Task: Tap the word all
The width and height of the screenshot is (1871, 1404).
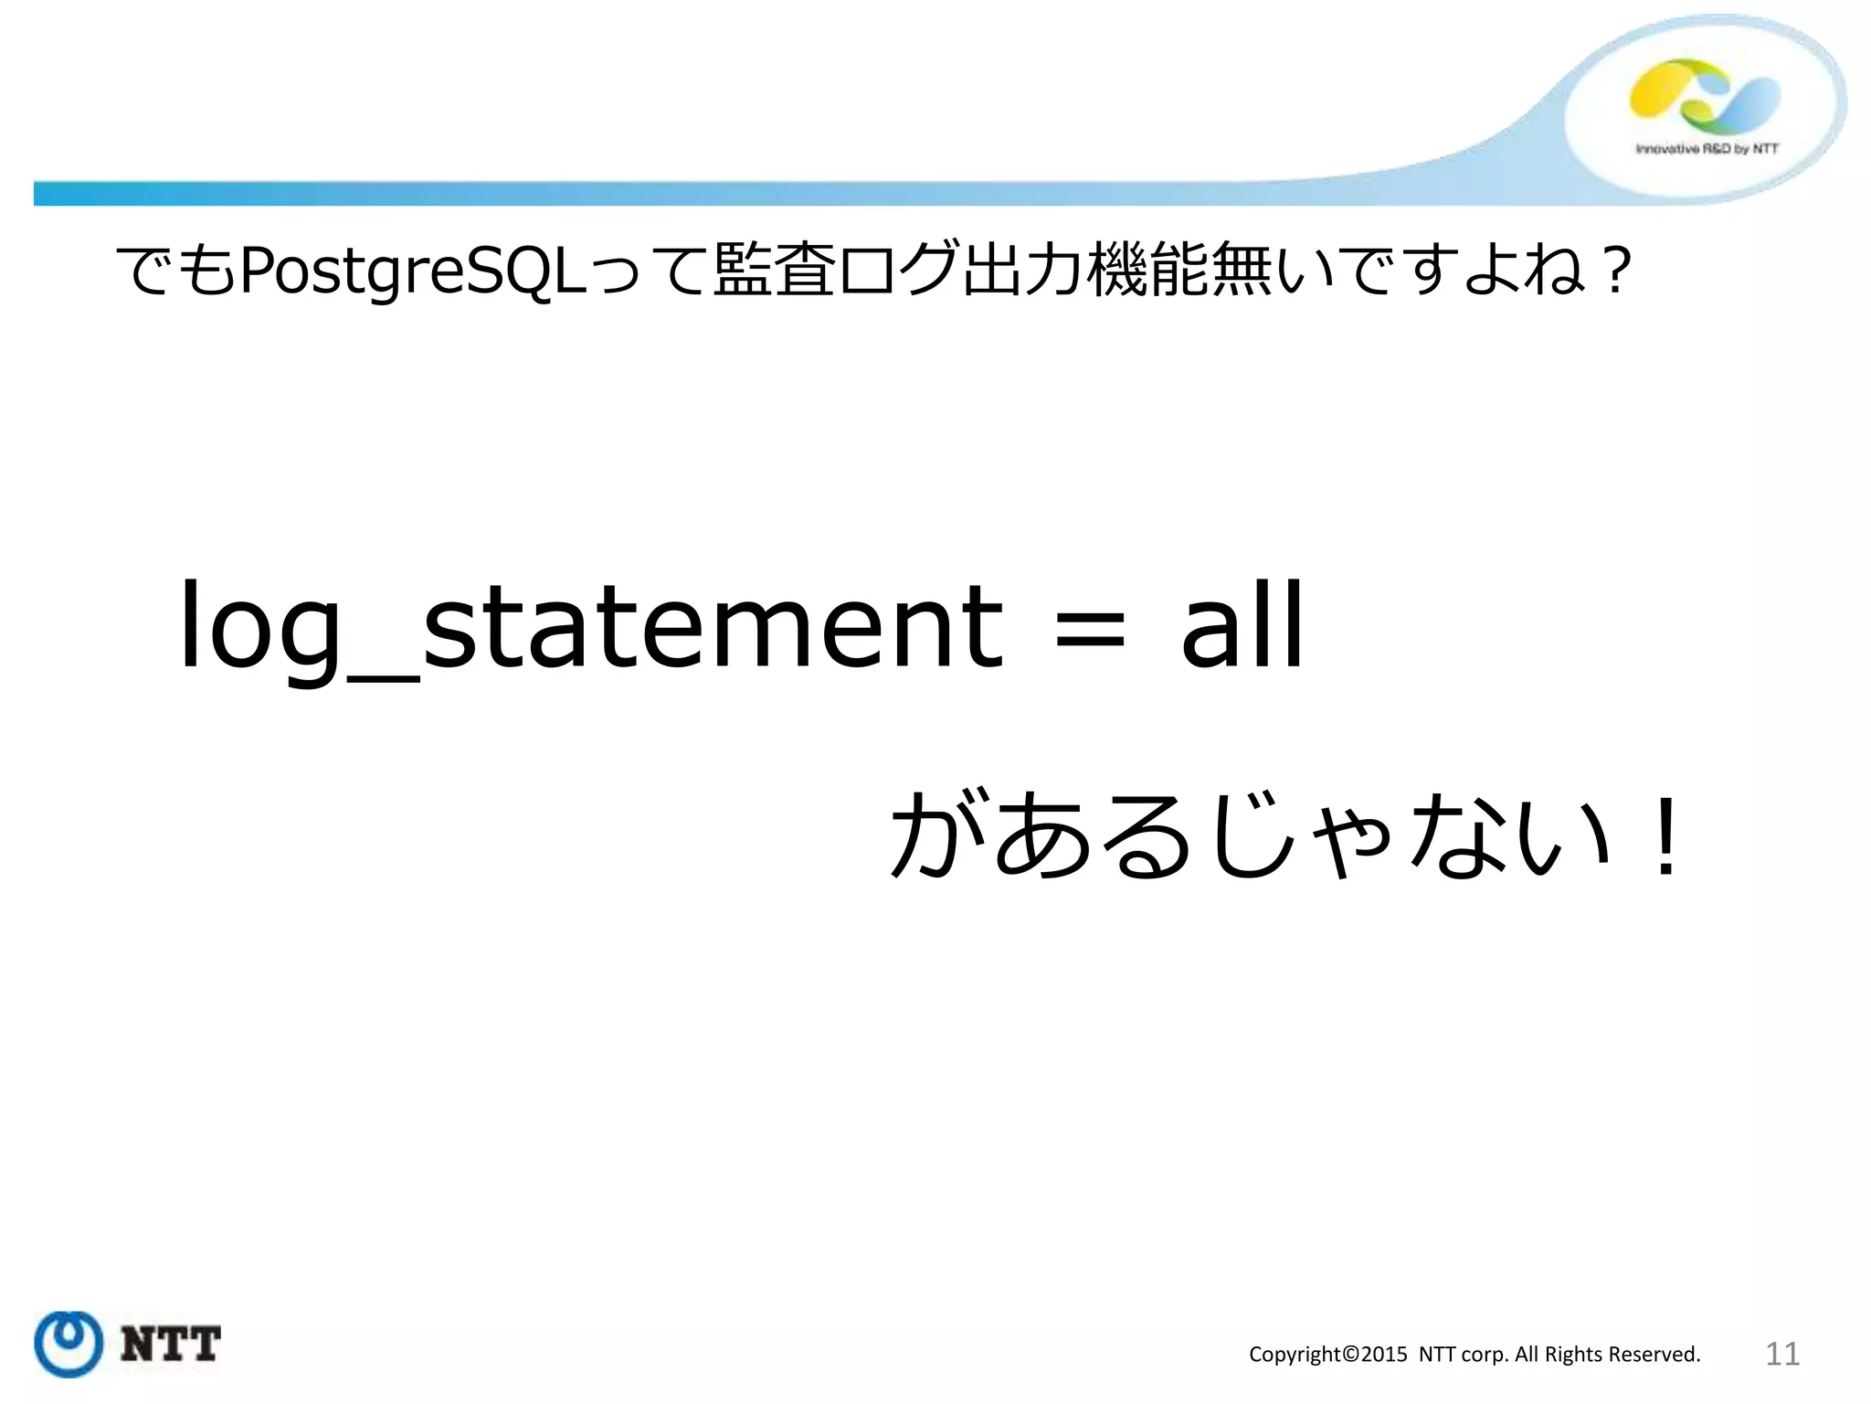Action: (x=1242, y=625)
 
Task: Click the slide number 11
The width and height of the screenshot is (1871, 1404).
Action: (x=1781, y=1354)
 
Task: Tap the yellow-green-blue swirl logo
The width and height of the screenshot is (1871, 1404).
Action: (x=1705, y=96)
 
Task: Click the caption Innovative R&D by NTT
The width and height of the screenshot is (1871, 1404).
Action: (x=1707, y=148)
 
